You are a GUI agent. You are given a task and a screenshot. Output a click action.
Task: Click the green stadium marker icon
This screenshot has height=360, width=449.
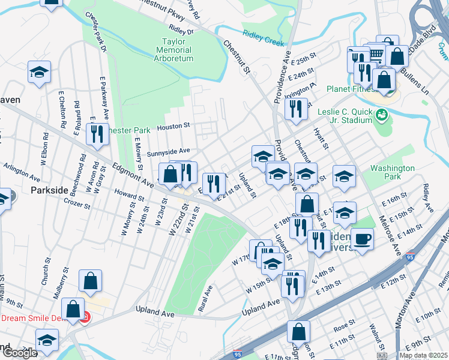click(x=381, y=113)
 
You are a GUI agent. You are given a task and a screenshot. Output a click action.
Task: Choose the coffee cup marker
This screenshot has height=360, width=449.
click(x=362, y=239)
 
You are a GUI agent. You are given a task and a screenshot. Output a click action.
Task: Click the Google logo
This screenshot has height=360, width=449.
click(x=20, y=353)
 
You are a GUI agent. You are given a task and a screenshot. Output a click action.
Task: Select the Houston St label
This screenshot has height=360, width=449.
click(x=173, y=127)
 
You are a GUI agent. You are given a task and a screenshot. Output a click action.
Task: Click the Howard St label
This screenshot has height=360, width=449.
click(x=126, y=195)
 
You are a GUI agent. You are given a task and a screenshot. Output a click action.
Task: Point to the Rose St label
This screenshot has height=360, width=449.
click(x=345, y=326)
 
